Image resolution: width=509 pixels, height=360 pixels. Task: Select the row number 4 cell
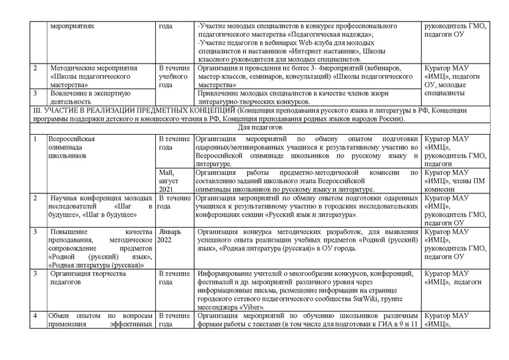[35, 316]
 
